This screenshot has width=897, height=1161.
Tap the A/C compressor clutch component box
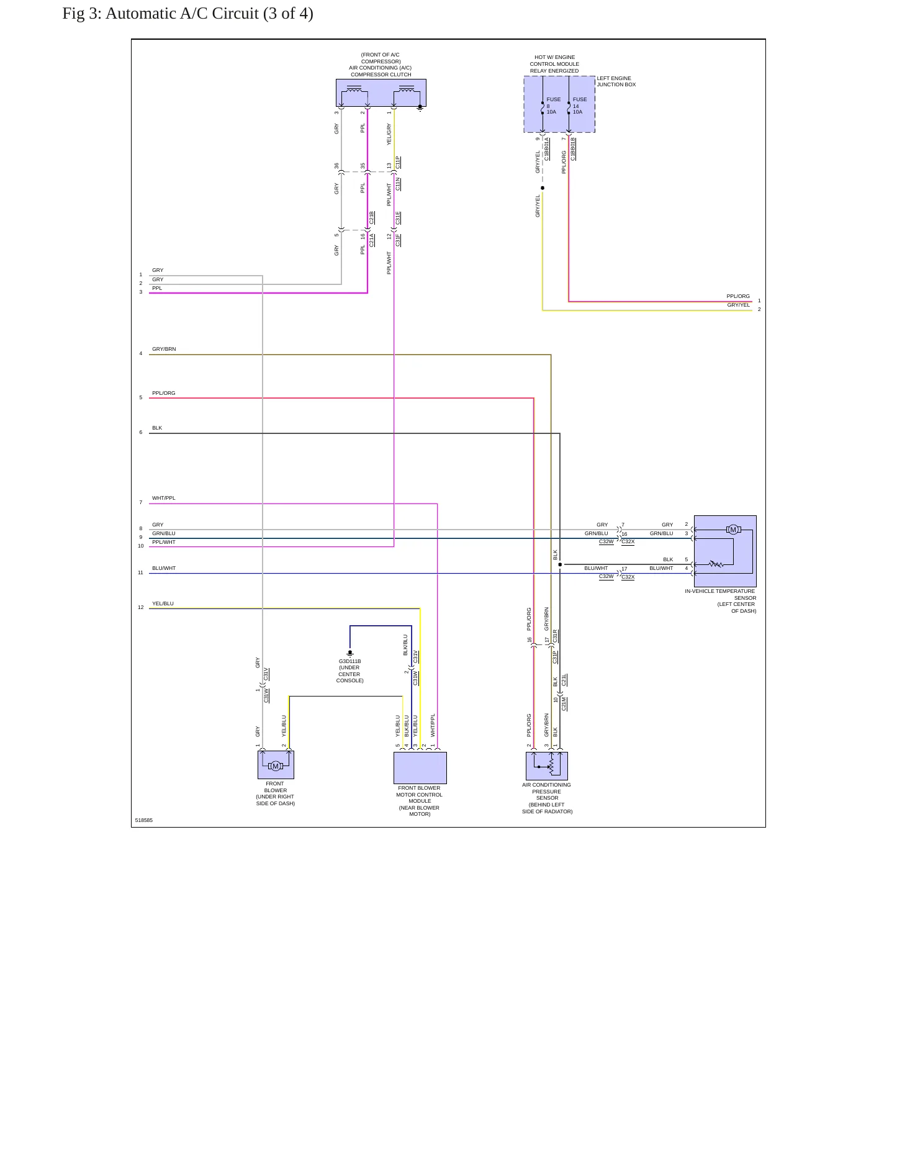point(381,93)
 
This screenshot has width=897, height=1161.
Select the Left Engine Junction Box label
point(616,81)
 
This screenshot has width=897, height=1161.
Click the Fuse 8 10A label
point(552,106)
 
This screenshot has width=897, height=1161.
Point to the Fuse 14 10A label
point(579,106)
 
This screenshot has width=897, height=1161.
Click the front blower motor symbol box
point(276,765)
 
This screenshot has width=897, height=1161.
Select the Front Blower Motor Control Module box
point(420,768)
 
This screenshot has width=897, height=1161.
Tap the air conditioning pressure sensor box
point(546,766)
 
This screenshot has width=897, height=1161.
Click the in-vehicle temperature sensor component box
point(725,551)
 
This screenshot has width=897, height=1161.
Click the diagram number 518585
point(143,820)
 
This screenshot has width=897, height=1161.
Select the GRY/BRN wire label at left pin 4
point(164,349)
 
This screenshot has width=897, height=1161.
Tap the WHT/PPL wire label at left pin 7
point(164,498)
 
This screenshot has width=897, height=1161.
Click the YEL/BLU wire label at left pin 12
point(163,603)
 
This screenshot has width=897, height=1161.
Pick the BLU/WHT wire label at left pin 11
point(164,568)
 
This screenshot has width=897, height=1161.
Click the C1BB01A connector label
point(546,150)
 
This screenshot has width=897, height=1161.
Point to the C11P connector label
point(398,163)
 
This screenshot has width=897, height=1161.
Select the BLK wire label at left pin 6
point(157,428)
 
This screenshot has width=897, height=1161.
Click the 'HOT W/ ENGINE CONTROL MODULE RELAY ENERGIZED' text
point(554,64)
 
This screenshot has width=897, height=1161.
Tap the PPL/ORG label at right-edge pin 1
point(738,296)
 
